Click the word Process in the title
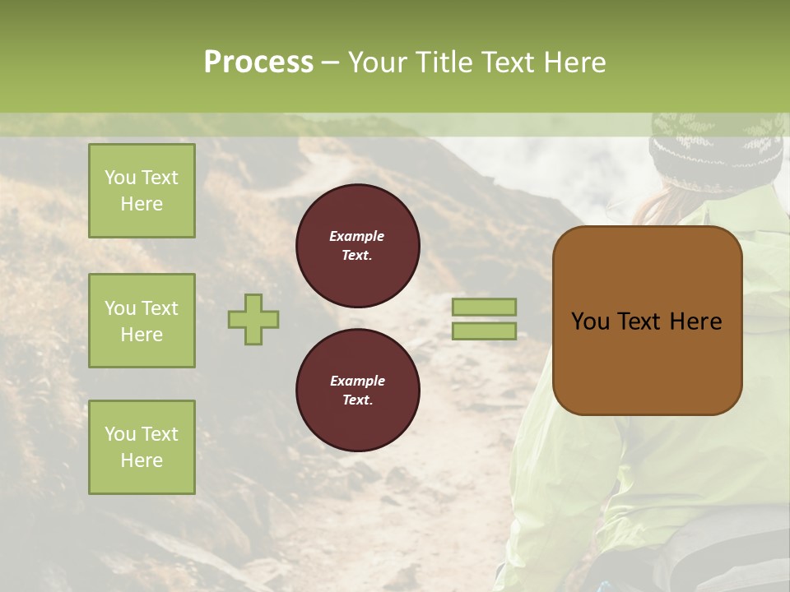[x=258, y=62]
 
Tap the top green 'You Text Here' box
[x=142, y=191]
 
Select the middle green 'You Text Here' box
[x=142, y=321]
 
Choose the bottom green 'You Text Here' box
[x=142, y=447]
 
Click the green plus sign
[x=253, y=319]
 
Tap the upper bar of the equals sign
[x=484, y=307]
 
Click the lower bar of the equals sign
[x=484, y=331]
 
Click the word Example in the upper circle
[x=356, y=236]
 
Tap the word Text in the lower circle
[x=356, y=400]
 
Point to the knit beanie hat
[x=716, y=152]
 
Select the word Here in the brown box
[x=695, y=321]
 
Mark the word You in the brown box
[x=590, y=321]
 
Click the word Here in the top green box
[x=142, y=204]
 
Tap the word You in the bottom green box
[x=120, y=434]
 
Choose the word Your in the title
[x=374, y=62]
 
